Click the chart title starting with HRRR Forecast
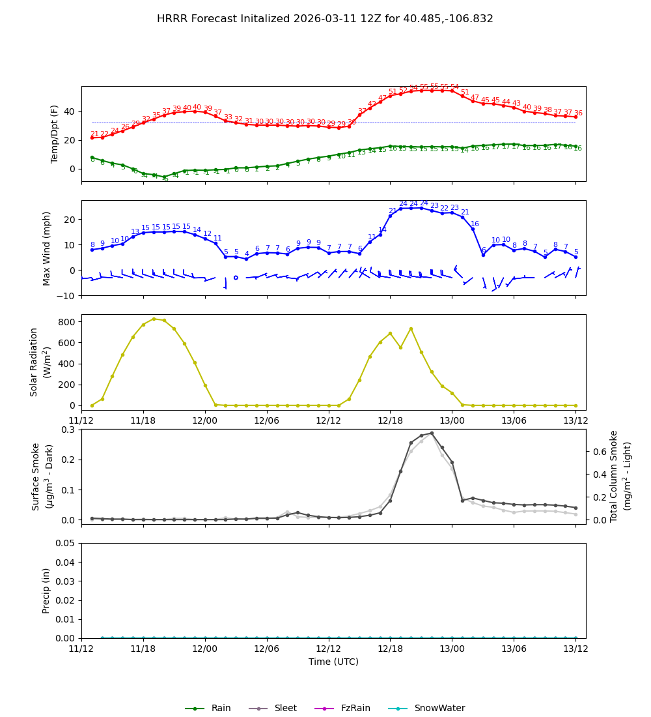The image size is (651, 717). (x=325, y=19)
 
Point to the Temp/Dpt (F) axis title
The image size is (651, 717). (x=55, y=134)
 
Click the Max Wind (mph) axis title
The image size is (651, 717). (x=47, y=248)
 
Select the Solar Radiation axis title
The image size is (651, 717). (x=40, y=362)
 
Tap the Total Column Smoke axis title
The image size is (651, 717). (x=620, y=476)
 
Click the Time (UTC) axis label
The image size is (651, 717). (x=333, y=662)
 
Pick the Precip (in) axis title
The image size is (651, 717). (x=46, y=590)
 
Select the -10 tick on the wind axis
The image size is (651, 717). (x=66, y=295)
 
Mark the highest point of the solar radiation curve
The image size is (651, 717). (x=154, y=319)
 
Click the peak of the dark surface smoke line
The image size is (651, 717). (x=431, y=433)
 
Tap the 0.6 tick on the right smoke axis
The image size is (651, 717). (x=600, y=451)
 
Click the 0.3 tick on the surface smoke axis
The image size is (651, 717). (x=67, y=430)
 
